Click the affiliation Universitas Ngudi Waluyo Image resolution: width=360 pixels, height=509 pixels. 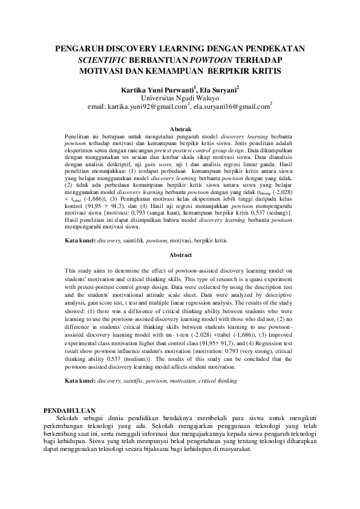(x=180, y=97)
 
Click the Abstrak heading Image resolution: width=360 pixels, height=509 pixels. (x=180, y=129)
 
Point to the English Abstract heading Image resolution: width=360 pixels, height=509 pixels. (x=180, y=255)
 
